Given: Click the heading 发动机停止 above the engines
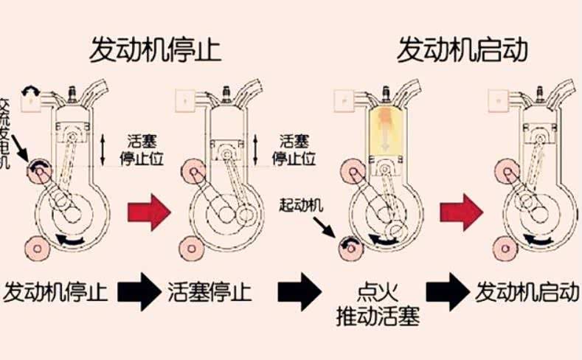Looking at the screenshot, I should click(156, 50).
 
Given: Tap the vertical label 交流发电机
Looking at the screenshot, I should click(6, 132).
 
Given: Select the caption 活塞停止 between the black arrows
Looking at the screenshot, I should click(209, 292).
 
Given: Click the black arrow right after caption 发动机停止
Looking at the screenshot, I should click(139, 292).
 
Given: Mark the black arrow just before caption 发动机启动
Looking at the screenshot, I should click(448, 293).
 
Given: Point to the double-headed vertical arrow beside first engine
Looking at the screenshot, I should click(104, 148).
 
